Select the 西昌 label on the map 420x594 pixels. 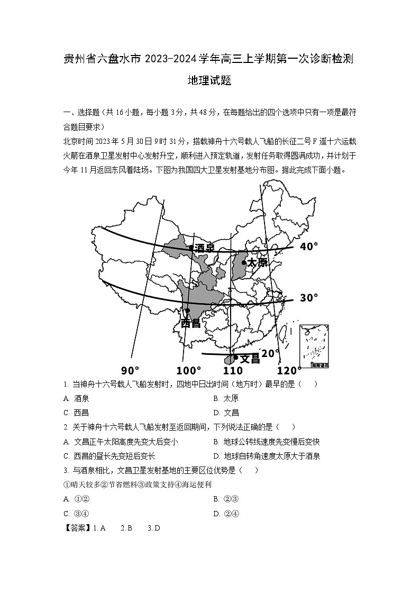pos(190,323)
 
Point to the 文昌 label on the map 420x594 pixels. pos(250,358)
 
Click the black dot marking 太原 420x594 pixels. pos(244,262)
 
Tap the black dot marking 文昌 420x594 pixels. pos(236,357)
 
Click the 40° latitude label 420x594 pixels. pos(309,246)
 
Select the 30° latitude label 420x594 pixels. pos(309,298)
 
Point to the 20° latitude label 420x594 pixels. pos(270,353)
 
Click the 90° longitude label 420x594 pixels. pos(130,370)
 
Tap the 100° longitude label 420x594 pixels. pos(189,370)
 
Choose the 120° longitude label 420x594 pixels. pos(288,370)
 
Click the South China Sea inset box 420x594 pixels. pos(314,347)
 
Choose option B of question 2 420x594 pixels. pos(267,442)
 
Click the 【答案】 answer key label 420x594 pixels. pos(78,527)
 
